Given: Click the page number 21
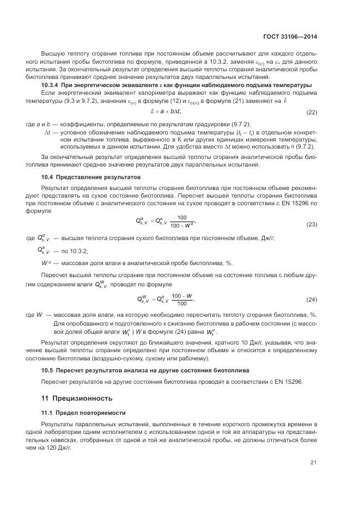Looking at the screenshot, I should point(313,463).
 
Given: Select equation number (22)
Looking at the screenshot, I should point(312,113).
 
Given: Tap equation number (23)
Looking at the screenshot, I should point(312,224).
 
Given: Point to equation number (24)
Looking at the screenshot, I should point(312,300).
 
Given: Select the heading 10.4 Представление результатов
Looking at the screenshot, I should point(91,177).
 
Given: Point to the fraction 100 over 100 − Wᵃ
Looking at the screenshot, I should point(182,221).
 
